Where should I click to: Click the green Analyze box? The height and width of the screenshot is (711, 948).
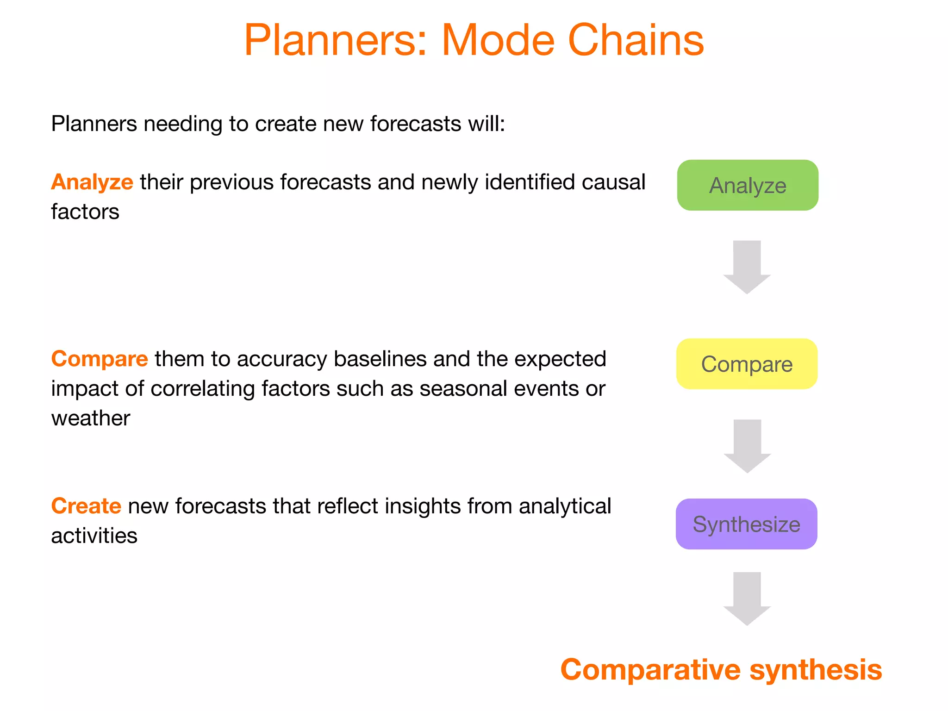pyautogui.click(x=747, y=185)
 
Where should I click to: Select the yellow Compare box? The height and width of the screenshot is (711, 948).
pyautogui.click(x=747, y=364)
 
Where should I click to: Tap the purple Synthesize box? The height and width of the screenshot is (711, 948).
pyautogui.click(x=746, y=524)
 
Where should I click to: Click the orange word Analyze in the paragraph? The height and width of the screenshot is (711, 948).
pyautogui.click(x=92, y=182)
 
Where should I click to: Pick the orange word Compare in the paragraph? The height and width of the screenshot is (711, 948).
pyautogui.click(x=100, y=359)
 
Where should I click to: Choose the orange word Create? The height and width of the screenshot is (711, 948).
pyautogui.click(x=86, y=506)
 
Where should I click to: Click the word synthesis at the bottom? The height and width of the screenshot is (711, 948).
pyautogui.click(x=816, y=670)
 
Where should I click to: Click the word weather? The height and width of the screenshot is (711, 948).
pyautogui.click(x=91, y=418)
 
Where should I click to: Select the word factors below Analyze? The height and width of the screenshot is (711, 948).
pyautogui.click(x=85, y=212)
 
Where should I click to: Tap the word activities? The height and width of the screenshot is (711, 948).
pyautogui.click(x=94, y=536)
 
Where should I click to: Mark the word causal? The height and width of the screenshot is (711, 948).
pyautogui.click(x=613, y=182)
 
